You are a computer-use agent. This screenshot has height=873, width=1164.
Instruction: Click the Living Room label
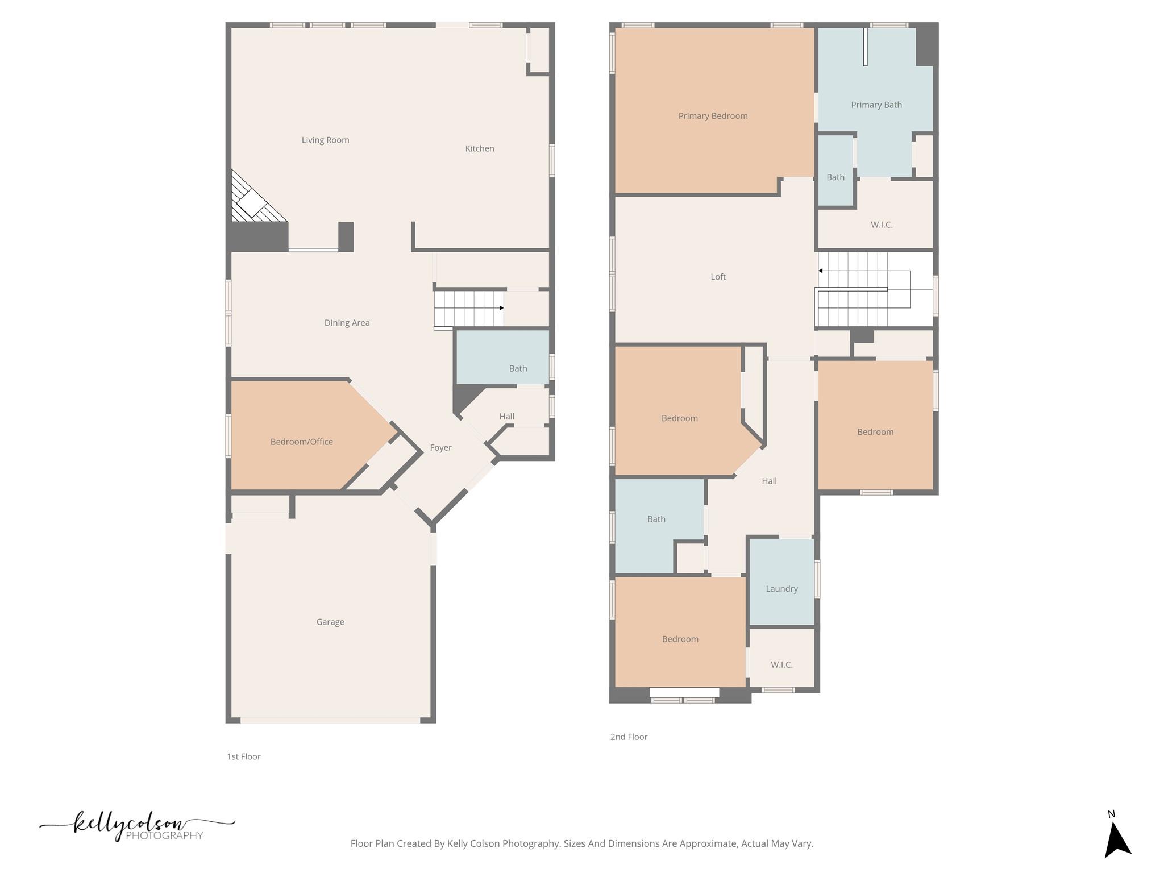325,140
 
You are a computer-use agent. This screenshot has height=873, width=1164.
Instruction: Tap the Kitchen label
479,148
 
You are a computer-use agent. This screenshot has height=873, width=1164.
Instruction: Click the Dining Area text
347,323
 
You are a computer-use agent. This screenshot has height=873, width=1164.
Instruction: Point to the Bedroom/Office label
301,442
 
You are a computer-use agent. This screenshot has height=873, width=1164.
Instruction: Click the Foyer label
440,448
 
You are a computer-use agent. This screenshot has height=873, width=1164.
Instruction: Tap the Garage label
330,622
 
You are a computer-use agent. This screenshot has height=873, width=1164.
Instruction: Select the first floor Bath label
518,368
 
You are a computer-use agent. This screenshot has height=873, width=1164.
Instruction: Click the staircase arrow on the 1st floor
501,308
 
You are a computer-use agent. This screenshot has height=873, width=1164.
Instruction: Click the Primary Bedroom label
713,116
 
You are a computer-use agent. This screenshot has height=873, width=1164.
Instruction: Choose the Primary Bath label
876,105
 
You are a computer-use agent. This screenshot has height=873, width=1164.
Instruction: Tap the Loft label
718,277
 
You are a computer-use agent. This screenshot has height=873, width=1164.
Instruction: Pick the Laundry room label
781,589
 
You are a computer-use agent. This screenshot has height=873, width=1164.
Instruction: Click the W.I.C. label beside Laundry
781,664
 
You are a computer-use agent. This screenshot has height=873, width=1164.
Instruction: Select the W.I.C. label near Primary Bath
881,225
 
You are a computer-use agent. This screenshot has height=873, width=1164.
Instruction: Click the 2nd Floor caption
629,737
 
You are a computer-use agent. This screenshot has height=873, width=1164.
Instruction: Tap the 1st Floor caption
243,756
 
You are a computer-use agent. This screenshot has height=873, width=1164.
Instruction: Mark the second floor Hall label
768,481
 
